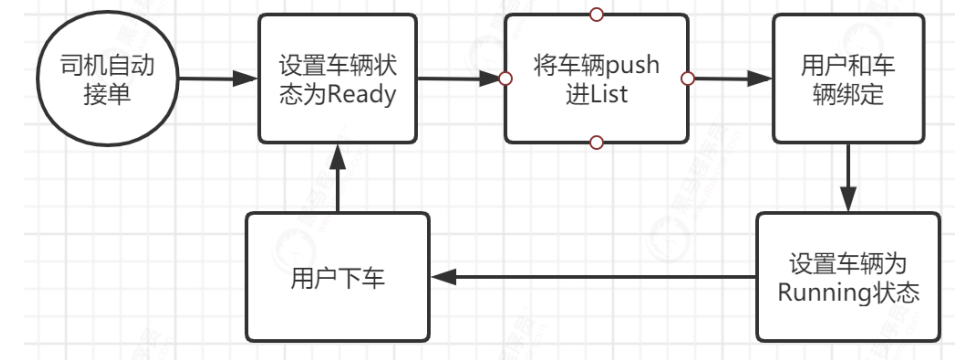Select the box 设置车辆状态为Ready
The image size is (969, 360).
[337, 78]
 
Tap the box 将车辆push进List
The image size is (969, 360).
[597, 78]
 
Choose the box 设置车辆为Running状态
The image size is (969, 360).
[848, 275]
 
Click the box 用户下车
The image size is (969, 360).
[337, 275]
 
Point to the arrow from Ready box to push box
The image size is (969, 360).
[459, 78]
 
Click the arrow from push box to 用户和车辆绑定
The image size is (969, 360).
[730, 78]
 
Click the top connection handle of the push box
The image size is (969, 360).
[597, 14]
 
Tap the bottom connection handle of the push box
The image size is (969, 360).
[597, 143]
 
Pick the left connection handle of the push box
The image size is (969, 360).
[506, 78]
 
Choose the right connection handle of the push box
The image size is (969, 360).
[688, 78]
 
